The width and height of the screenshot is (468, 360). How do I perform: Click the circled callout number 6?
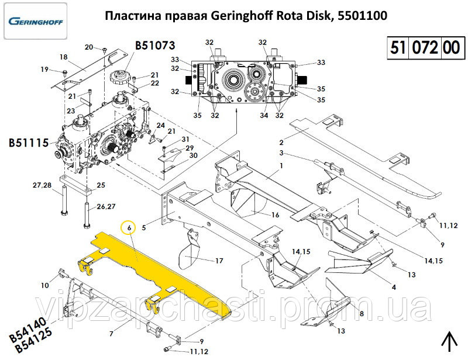(x=128, y=227)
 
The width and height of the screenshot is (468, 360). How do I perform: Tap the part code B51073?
(x=156, y=46)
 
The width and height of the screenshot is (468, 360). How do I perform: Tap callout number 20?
(x=89, y=47)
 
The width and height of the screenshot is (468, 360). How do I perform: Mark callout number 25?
(x=101, y=185)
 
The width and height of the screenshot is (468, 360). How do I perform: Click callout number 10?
(x=45, y=285)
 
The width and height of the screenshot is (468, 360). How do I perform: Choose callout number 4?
(x=394, y=287)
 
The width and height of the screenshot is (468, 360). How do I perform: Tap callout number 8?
(x=362, y=314)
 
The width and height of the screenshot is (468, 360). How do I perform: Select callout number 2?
(x=281, y=143)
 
